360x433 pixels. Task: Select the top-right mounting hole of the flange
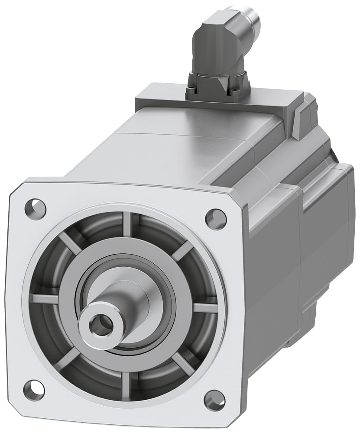click(215, 219)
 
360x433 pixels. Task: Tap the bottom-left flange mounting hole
click(33, 390)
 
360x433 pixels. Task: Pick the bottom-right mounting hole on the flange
click(214, 400)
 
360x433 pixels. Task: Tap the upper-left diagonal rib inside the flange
click(70, 243)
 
